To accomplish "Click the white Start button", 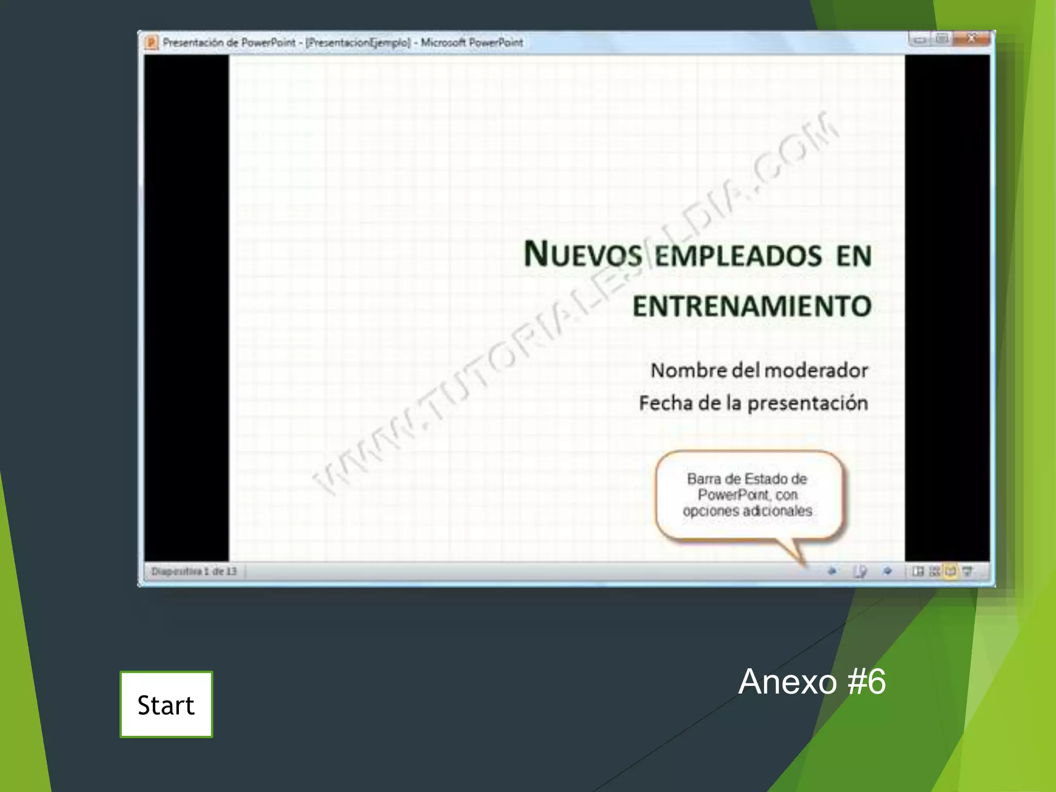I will click(x=166, y=704).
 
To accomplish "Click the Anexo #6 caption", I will click(x=812, y=682).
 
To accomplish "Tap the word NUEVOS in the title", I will click(x=583, y=255).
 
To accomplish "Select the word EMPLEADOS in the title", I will click(x=738, y=256).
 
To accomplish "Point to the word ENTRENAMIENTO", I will click(x=752, y=306).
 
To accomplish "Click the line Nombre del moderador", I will click(x=759, y=370).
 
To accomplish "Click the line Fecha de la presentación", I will click(x=753, y=403).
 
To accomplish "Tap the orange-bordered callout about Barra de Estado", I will click(x=748, y=495).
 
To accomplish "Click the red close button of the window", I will click(x=972, y=39).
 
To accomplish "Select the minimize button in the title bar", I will click(x=920, y=39).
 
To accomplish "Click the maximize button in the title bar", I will click(x=942, y=39).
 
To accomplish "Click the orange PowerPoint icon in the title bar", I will click(x=151, y=42).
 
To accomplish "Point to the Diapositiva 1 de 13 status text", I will click(x=194, y=571).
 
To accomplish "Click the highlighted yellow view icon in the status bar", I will click(x=950, y=571).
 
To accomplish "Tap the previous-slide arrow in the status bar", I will click(x=832, y=571).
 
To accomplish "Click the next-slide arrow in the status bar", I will click(x=887, y=571).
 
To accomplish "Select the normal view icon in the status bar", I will click(x=918, y=571).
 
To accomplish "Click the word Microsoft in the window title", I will click(x=443, y=42).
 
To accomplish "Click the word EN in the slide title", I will click(x=854, y=256).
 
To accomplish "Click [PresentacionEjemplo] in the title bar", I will click(x=358, y=42).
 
